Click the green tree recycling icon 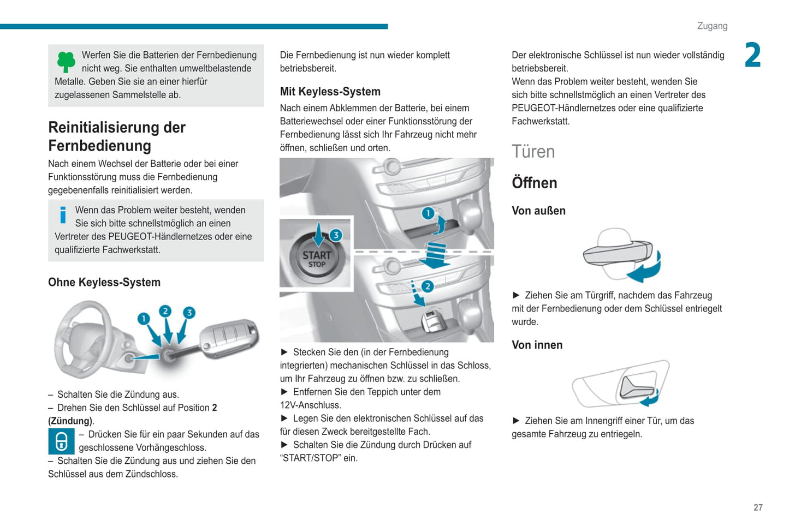pos(66,62)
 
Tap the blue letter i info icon pos(63,215)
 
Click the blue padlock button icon pos(61,441)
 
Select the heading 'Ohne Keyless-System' pos(104,282)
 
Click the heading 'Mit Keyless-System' pos(330,92)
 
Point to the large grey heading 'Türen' pos(533,151)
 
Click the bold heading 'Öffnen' pos(534,183)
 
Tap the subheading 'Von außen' pos(538,211)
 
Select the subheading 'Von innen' pos(537,345)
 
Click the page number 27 pos(758,507)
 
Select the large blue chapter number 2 pos(752,56)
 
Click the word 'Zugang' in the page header pos(712,26)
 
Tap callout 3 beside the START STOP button pos(336,235)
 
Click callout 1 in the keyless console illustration pos(428,213)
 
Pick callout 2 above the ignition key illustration pos(165,311)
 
